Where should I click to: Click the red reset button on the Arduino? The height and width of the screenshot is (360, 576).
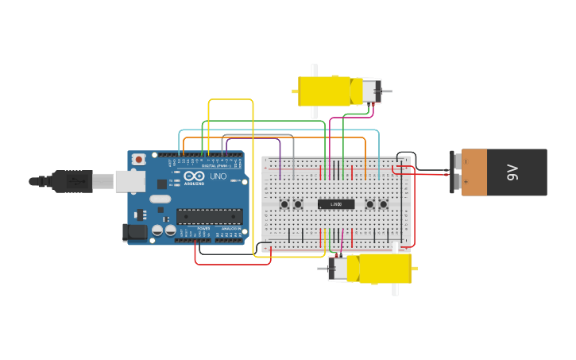click(139, 159)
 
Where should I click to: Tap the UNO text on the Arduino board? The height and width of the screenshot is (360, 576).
click(218, 176)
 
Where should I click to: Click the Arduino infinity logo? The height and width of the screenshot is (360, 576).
click(194, 176)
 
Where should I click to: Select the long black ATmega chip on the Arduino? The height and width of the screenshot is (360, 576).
click(210, 215)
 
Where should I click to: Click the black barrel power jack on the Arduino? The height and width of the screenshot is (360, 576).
click(134, 232)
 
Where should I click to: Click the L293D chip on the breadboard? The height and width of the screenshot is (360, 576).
click(336, 204)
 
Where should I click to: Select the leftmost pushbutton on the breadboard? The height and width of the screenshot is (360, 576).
click(284, 204)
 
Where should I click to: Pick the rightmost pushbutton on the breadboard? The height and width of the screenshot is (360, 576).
click(383, 204)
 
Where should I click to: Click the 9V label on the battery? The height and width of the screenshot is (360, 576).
click(513, 172)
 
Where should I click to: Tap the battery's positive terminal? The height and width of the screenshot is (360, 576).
click(456, 183)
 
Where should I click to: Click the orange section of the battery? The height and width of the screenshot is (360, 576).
click(474, 172)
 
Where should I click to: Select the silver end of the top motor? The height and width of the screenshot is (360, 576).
click(371, 91)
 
